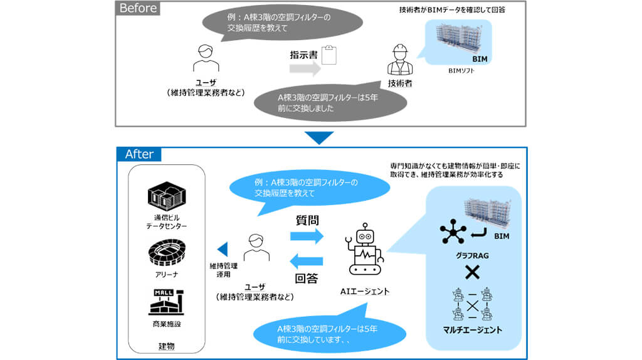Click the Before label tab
coord(138,9)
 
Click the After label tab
coord(139,154)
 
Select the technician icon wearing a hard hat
coord(399,60)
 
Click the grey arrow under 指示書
coord(306,69)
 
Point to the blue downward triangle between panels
coord(320,137)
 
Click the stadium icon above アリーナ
coord(166,255)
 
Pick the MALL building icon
coord(166,302)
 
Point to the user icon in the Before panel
coord(204,59)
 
